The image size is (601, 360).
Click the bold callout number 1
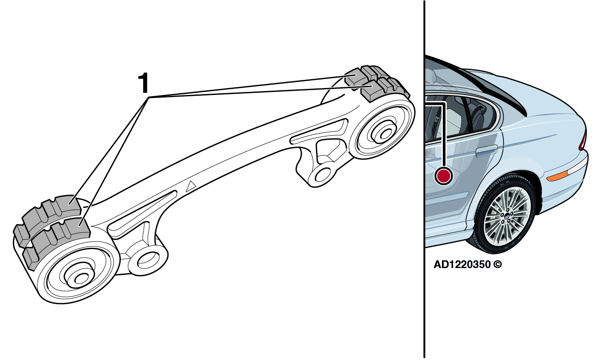(144, 83)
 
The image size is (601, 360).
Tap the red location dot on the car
(443, 176)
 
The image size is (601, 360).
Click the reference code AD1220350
(462, 265)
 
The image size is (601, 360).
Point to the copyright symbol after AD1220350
(497, 265)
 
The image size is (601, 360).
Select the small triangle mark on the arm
(191, 186)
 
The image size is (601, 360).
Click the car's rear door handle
(486, 151)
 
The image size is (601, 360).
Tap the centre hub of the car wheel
(506, 216)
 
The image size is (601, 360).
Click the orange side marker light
(558, 176)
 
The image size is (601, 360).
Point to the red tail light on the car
(583, 140)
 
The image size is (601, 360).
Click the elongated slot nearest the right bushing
(319, 131)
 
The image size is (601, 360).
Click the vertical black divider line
(424, 179)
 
